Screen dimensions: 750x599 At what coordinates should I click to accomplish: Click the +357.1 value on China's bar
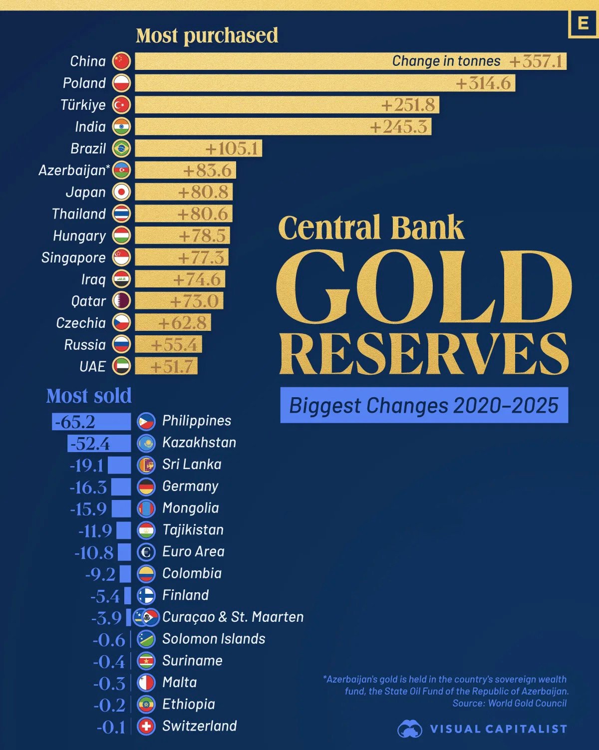coord(536,61)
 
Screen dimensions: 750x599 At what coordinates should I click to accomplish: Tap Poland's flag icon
coord(121,83)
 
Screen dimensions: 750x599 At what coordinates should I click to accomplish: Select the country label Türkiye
coord(83,105)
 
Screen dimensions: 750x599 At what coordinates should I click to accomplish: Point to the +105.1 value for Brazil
coord(232,149)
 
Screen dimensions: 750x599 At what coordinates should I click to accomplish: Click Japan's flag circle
coord(121,192)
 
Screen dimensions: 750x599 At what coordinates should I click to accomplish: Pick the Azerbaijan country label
coord(73,170)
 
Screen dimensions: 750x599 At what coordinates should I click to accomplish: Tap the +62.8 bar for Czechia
coord(173,323)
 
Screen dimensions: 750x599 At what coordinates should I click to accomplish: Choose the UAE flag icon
coord(121,366)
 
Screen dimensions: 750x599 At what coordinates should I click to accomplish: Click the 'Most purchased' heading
coord(207,36)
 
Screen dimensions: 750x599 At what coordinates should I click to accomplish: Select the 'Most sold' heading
coord(89,396)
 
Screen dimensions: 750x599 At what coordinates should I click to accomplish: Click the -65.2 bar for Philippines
coord(91,422)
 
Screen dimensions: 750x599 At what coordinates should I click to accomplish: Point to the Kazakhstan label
coord(199,443)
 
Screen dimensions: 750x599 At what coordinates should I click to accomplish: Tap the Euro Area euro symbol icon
coord(146,552)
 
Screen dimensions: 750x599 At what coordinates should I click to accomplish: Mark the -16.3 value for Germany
coord(88,487)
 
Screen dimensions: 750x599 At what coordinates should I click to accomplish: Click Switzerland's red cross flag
coord(146,726)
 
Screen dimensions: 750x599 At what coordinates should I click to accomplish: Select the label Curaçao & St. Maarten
coord(233,617)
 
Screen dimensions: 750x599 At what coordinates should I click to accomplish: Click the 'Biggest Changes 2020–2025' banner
coord(424,405)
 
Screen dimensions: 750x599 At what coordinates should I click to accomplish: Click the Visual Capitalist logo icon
coord(410,729)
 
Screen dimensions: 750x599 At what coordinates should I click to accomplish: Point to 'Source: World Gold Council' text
coord(509,704)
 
